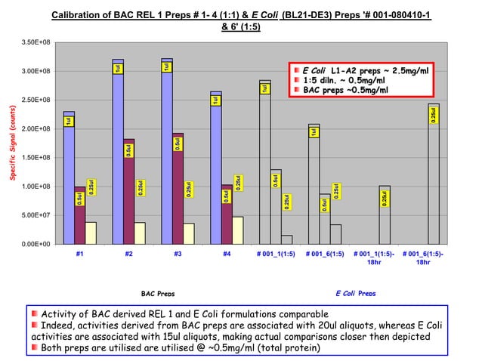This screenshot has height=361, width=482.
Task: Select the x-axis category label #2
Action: (128, 255)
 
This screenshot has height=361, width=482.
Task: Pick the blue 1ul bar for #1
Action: (69, 189)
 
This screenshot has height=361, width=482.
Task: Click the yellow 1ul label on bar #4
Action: (215, 100)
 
